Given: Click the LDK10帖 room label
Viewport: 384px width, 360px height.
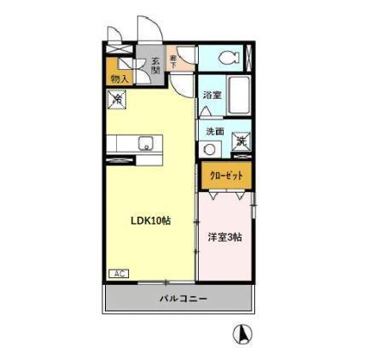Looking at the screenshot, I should tap(150, 220).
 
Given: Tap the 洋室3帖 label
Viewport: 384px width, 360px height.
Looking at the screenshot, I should tap(224, 236).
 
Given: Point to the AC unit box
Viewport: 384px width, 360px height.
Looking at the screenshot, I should tap(118, 274).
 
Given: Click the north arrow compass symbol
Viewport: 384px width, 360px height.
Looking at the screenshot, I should tap(243, 334).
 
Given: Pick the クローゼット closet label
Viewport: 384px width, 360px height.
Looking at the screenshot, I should tap(226, 175).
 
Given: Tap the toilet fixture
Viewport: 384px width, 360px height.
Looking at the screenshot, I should tap(227, 58).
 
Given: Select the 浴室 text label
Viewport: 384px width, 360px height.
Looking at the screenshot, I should tap(212, 96).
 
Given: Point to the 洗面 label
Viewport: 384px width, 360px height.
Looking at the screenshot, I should tap(214, 131).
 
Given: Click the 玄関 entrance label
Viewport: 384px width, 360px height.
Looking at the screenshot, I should tap(156, 66).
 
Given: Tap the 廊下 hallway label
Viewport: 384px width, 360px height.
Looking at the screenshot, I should tap(174, 60).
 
